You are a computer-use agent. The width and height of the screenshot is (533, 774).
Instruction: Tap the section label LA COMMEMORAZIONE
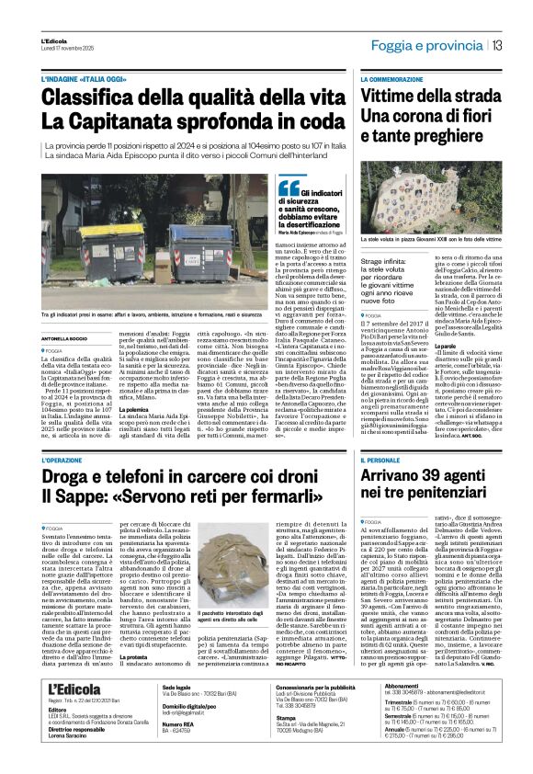click(x=396, y=81)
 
